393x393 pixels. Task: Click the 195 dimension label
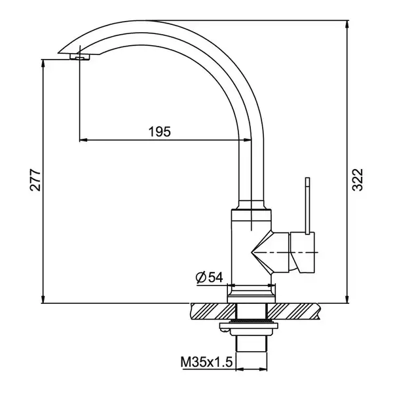pyautogui.click(x=160, y=132)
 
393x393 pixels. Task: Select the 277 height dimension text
pyautogui.click(x=35, y=181)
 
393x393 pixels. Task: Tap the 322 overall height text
pyautogui.click(x=358, y=180)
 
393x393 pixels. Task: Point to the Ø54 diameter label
pyautogui.click(x=210, y=277)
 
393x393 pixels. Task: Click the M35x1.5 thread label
pyautogui.click(x=206, y=362)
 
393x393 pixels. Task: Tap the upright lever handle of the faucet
pyautogui.click(x=307, y=206)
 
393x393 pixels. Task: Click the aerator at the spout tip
pyautogui.click(x=80, y=57)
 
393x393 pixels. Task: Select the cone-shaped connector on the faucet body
pyautogui.click(x=270, y=252)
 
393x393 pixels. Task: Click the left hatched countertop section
pyautogui.click(x=214, y=312)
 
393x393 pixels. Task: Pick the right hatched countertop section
pyautogui.click(x=293, y=312)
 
